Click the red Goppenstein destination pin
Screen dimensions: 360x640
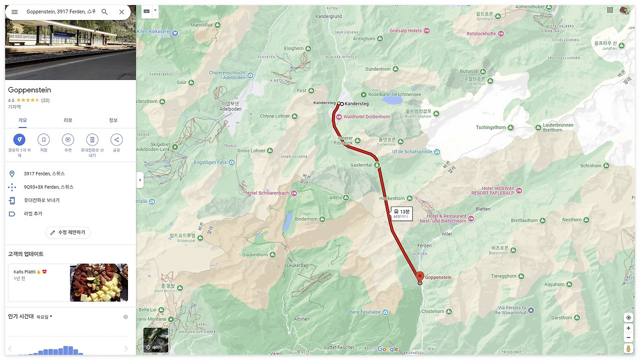click(420, 276)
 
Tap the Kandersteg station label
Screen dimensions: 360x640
click(356, 103)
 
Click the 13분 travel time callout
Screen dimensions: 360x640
click(401, 213)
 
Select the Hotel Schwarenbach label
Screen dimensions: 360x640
click(267, 193)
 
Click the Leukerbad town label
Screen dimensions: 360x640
click(297, 265)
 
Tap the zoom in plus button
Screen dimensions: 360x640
click(628, 328)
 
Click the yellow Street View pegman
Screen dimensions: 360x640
click(628, 348)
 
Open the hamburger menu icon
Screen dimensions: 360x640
click(14, 12)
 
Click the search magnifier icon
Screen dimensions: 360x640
click(104, 12)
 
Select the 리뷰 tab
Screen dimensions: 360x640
click(68, 120)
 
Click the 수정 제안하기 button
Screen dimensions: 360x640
click(68, 232)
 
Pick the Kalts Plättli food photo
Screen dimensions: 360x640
click(99, 282)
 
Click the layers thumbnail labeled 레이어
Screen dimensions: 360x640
click(156, 340)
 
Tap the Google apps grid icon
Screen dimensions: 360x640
click(610, 10)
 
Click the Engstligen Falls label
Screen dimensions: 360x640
click(210, 162)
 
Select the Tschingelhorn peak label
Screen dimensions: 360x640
click(491, 127)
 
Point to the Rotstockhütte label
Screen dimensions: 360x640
click(481, 34)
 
